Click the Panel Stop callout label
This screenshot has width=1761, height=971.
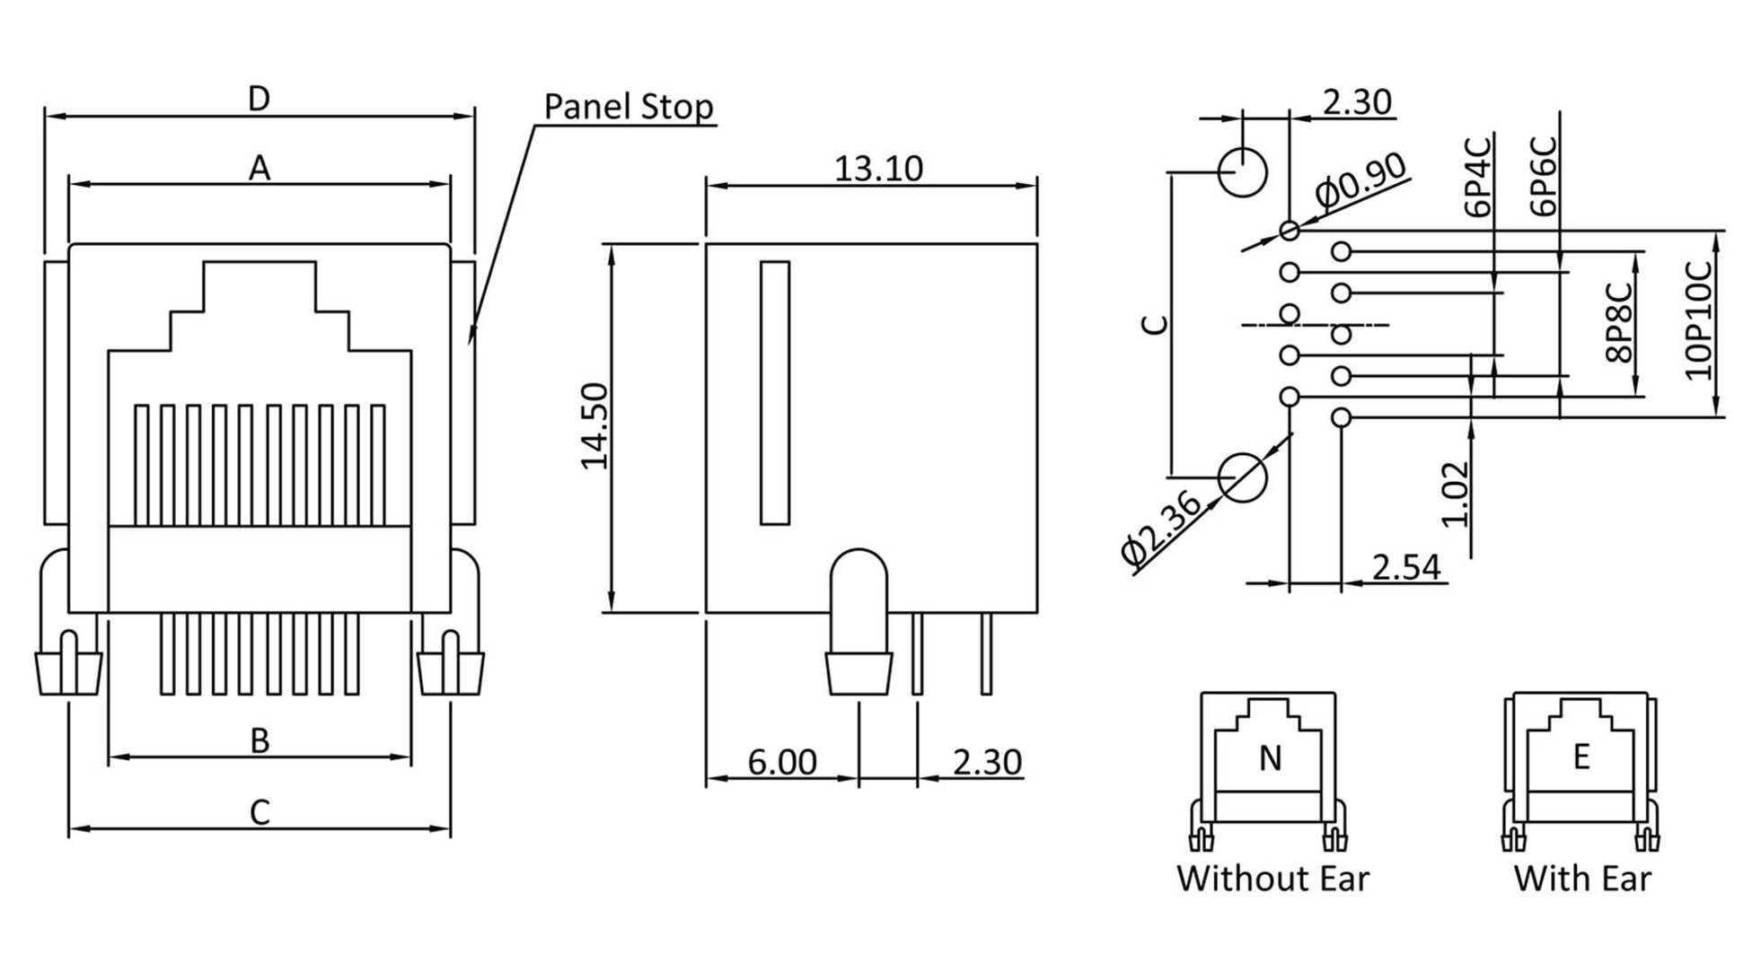tap(628, 107)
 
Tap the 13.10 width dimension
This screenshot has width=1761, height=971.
tap(877, 168)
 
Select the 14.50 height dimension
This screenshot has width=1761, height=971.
tap(594, 425)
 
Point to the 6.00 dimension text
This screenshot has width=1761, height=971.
tap(782, 762)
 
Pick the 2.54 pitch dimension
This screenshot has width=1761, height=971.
tap(1405, 567)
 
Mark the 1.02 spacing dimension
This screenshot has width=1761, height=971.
tap(1454, 494)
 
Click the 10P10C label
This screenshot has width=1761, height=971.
tap(1699, 320)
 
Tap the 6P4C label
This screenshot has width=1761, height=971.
tap(1477, 176)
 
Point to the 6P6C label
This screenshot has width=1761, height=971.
tap(1543, 176)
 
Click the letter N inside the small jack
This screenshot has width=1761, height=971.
tap(1269, 759)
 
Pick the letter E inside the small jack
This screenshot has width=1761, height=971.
tap(1581, 757)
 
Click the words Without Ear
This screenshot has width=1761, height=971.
tap(1272, 878)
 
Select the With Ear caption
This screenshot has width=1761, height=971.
tap(1581, 878)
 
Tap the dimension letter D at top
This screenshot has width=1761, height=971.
tap(259, 99)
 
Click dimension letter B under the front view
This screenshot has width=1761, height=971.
tap(260, 741)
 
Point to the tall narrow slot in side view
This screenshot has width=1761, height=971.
tap(774, 392)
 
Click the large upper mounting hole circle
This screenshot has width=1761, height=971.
tap(1243, 171)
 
